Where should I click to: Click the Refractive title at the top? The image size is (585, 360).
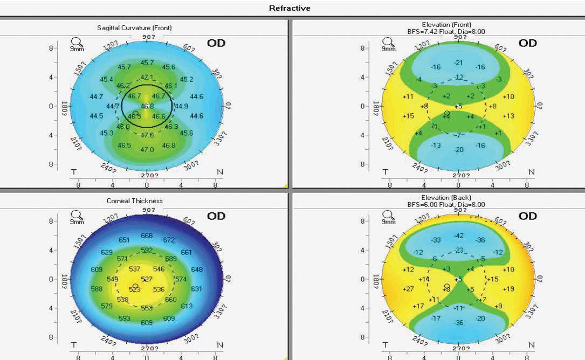[x=290, y=8]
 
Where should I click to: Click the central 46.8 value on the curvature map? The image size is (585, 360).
[x=147, y=106]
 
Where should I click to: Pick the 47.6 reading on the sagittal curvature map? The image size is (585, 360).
[x=147, y=135]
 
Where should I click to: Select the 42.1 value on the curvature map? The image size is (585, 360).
[x=147, y=77]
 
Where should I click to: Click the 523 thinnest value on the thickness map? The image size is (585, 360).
[x=135, y=289]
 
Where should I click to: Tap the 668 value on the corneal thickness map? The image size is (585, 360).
[x=147, y=236]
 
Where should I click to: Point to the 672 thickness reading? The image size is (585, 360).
[x=169, y=240]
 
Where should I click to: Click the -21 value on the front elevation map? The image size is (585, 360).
[x=459, y=63]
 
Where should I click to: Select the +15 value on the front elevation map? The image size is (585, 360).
[x=408, y=116]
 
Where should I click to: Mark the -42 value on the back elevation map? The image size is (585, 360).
[x=459, y=236]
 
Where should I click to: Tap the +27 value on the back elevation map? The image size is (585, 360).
[x=408, y=289]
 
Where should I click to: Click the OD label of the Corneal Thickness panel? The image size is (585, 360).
[x=216, y=216]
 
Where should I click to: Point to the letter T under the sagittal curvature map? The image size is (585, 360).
[x=74, y=171]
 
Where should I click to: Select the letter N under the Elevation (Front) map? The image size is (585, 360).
[x=531, y=171]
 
